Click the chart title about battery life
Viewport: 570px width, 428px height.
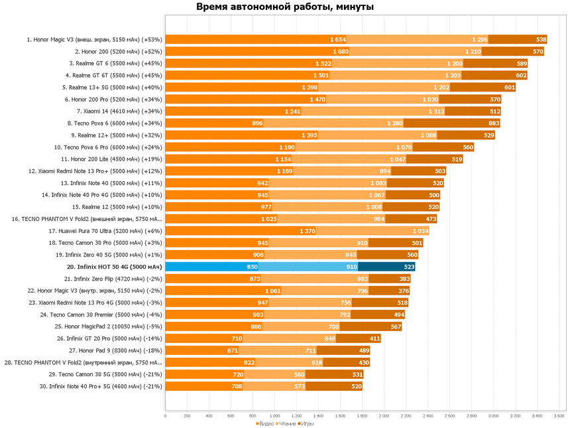pyautogui.click(x=285, y=7)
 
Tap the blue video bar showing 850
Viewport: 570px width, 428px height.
pyautogui.click(x=211, y=267)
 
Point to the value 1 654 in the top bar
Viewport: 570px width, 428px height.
pyautogui.click(x=337, y=39)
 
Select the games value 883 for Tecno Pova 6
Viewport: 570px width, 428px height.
pyautogui.click(x=494, y=123)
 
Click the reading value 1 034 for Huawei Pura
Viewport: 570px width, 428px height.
pyautogui.click(x=420, y=231)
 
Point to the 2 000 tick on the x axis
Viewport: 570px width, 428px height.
pyautogui.click(x=384, y=417)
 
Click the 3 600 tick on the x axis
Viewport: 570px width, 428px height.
pyautogui.click(x=559, y=417)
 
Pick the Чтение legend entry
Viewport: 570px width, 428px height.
pyautogui.click(x=286, y=423)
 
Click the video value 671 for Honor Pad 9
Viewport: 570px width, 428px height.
pyautogui.click(x=233, y=350)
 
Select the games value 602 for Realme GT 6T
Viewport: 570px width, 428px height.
pyautogui.click(x=521, y=75)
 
